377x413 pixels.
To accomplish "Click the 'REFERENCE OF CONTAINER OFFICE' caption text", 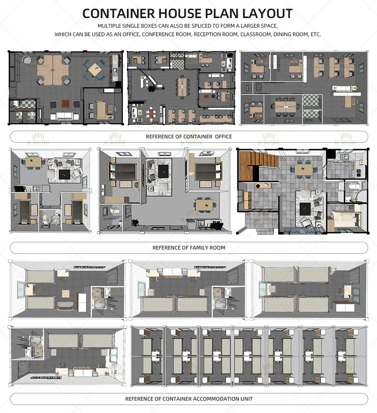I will [188, 137].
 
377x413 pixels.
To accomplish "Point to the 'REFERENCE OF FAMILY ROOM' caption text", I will [188, 248].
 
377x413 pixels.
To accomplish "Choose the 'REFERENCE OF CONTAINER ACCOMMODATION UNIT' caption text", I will [188, 399].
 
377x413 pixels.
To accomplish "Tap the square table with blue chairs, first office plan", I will [94, 69].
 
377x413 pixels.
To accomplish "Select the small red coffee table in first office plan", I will [65, 103].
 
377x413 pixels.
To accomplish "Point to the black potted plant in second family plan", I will [135, 223].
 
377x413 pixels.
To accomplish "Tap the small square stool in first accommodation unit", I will [66, 294].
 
